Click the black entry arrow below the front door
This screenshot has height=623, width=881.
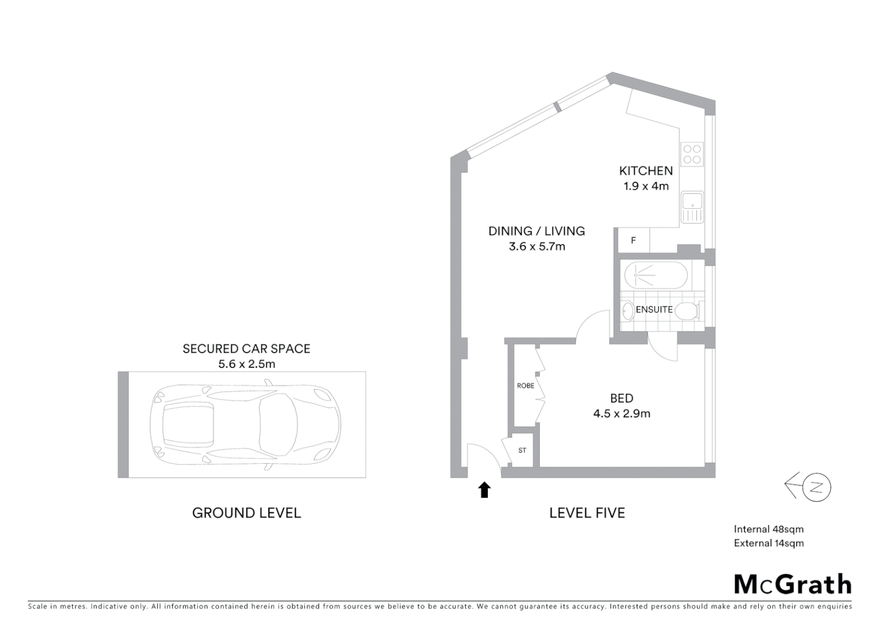[484, 490]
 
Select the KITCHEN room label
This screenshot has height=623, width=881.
[646, 171]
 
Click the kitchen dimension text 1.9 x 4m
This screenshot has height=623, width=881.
[646, 186]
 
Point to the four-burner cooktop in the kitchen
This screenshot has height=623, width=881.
[692, 154]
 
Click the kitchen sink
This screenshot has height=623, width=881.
[692, 207]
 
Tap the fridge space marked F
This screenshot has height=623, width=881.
[633, 241]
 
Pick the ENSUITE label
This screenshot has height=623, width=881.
[654, 310]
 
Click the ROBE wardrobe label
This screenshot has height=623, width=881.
[525, 385]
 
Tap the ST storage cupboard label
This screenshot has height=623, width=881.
[522, 451]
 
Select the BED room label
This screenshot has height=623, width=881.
[622, 398]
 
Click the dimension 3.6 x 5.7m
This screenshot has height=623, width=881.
[537, 246]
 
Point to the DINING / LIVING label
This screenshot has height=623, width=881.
[536, 231]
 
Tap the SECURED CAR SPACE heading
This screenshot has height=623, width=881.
[246, 348]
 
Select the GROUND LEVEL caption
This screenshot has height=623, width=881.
[246, 513]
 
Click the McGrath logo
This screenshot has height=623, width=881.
[792, 584]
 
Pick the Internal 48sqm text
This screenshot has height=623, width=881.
[768, 529]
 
